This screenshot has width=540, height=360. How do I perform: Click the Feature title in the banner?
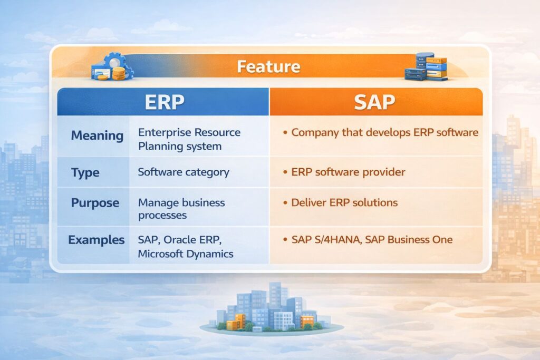(268, 67)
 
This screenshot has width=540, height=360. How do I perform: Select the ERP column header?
(165, 101)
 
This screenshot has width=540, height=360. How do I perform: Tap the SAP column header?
(375, 101)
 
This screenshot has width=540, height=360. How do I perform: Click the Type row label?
(85, 172)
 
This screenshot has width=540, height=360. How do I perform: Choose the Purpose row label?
(95, 203)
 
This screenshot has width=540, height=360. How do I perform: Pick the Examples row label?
(97, 240)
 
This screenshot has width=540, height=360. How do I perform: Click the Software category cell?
(184, 172)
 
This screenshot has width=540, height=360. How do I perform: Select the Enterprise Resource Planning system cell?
(189, 139)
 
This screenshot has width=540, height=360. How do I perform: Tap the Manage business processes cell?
(181, 209)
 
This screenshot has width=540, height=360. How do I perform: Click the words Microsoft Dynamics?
(185, 254)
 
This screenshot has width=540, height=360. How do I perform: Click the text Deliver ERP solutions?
(344, 202)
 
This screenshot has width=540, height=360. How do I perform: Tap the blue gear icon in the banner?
(113, 62)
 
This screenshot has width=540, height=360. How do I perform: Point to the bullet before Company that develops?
(285, 132)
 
